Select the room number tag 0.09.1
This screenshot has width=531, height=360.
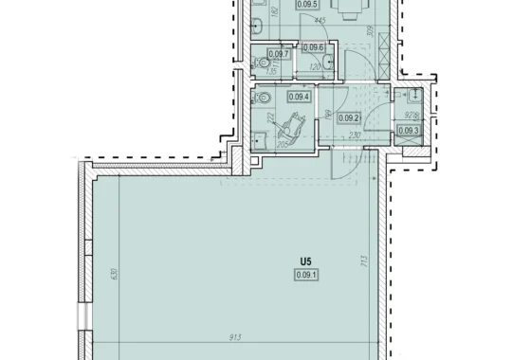[x=305, y=275]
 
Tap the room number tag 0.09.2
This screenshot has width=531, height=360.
[x=350, y=118]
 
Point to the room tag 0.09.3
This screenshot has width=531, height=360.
[x=408, y=131]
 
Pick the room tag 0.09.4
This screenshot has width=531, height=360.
[x=299, y=96]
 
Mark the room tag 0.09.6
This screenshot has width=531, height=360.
[x=314, y=47]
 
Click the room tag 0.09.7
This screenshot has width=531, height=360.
[x=279, y=54]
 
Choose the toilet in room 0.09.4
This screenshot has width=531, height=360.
[x=266, y=98]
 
